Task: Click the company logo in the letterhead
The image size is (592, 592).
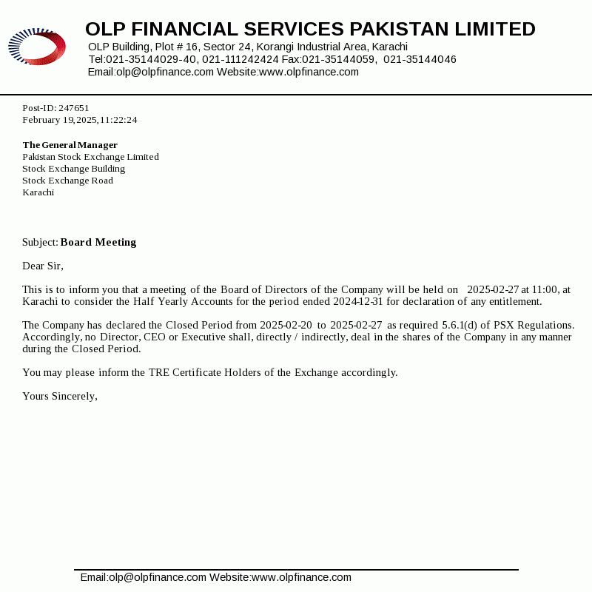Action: pos(37,47)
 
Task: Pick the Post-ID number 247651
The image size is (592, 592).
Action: pos(74,108)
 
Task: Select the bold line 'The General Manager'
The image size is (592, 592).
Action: pos(70,145)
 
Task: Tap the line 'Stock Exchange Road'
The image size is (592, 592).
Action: pos(67,181)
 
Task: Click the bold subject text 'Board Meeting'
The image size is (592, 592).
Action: pos(98,242)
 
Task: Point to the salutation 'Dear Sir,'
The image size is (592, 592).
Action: pos(43,266)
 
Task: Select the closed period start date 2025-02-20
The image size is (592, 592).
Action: pos(286,325)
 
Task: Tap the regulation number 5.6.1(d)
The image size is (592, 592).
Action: pos(460,325)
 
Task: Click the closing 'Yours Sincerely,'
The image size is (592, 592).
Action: pos(60,396)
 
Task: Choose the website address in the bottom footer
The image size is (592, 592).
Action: pos(301,577)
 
